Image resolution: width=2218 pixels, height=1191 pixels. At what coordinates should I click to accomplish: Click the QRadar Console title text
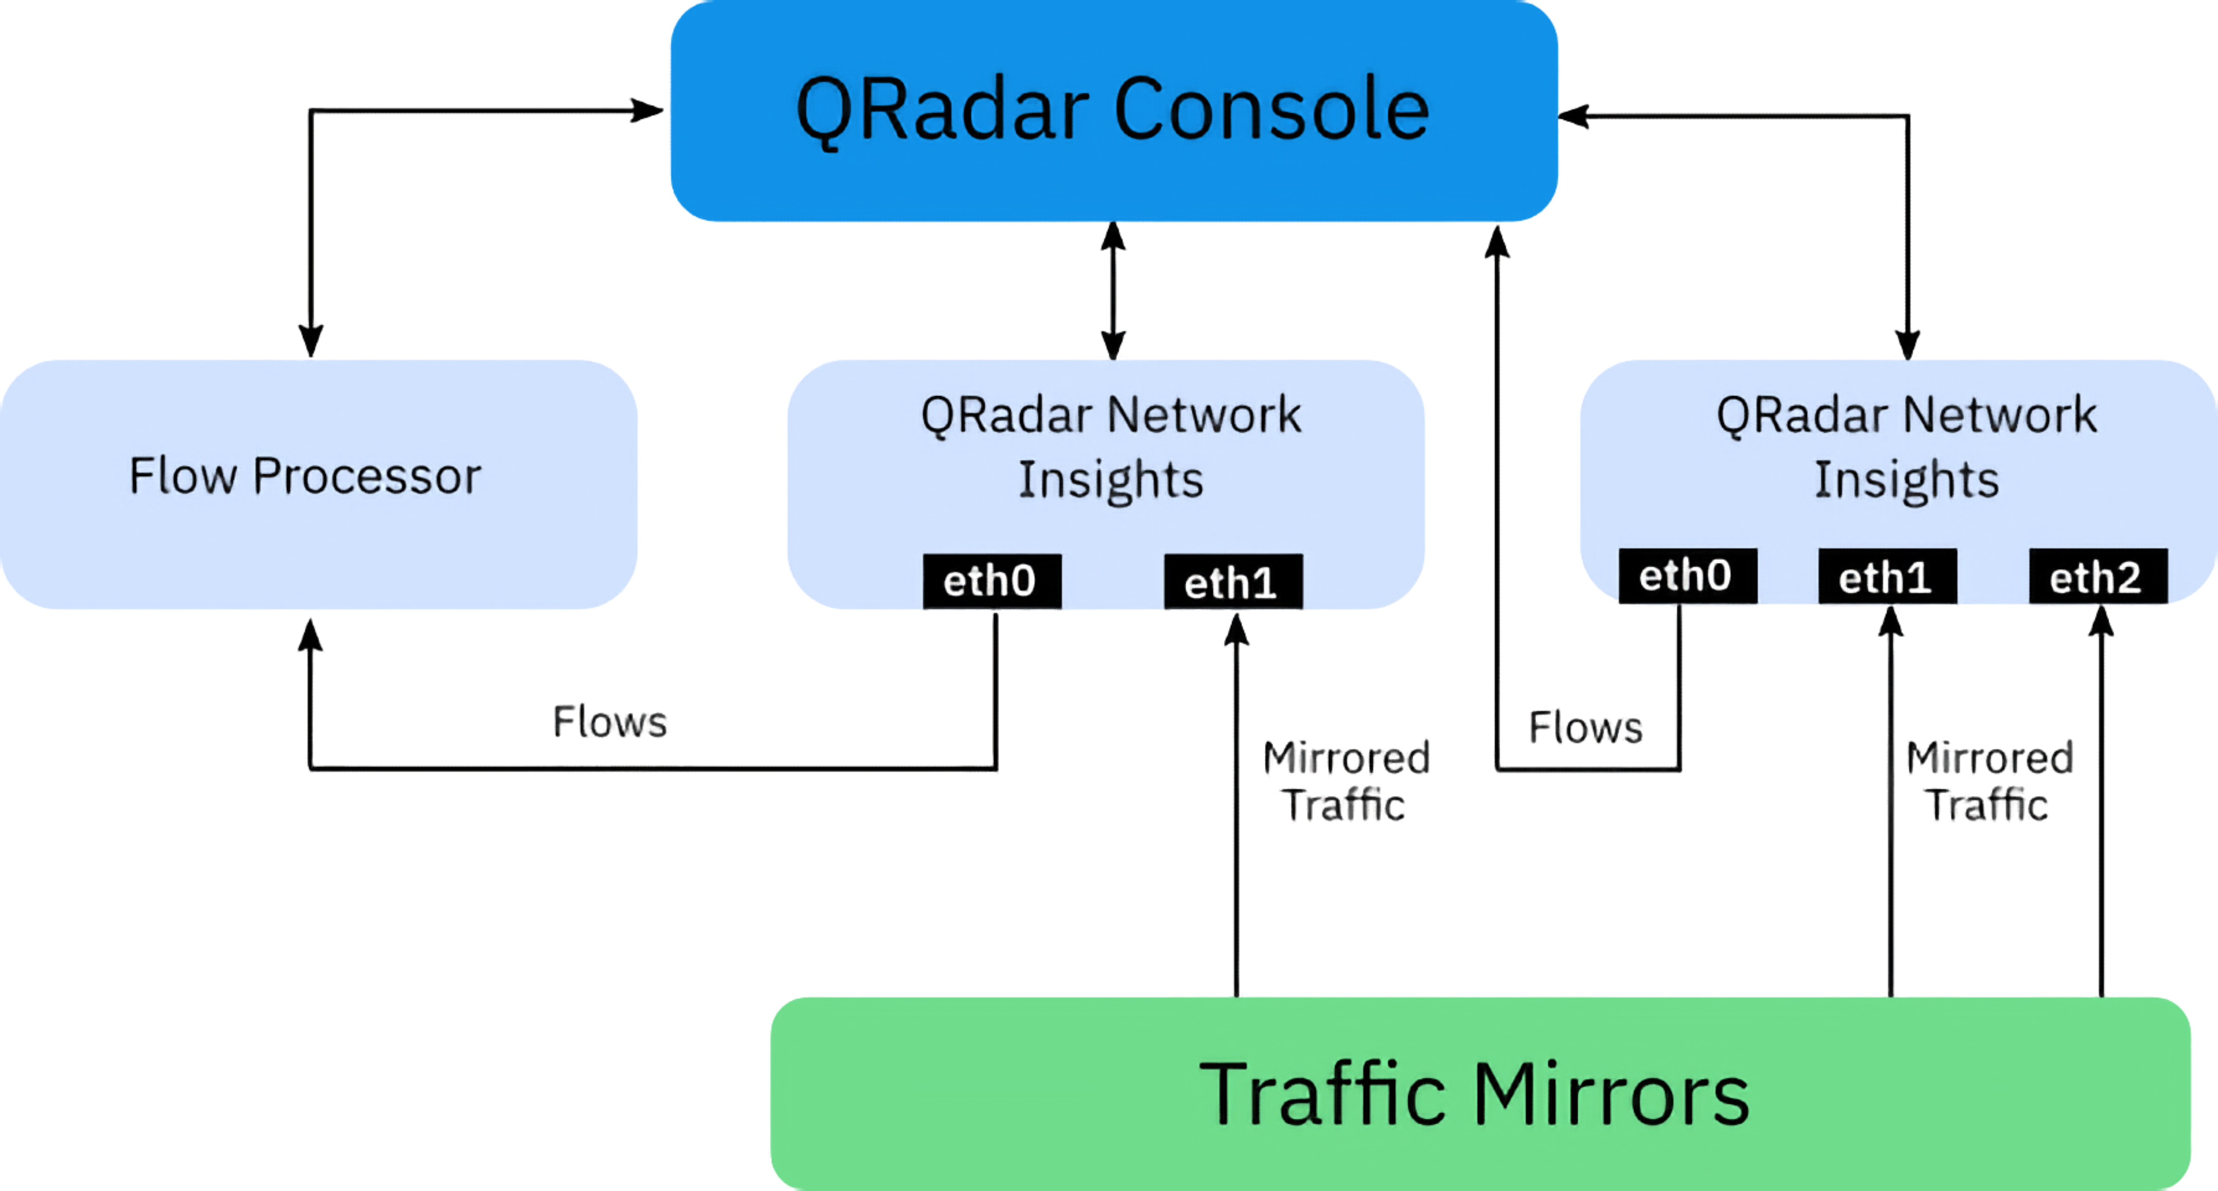coord(1112,110)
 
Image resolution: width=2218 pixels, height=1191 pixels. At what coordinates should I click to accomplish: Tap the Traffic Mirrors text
coord(1474,1094)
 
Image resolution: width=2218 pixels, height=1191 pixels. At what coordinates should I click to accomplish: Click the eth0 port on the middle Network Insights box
coord(992,581)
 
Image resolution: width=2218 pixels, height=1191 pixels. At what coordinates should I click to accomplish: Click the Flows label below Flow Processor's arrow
coord(609,722)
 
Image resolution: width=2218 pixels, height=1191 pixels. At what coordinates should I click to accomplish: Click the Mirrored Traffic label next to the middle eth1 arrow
coord(1346,781)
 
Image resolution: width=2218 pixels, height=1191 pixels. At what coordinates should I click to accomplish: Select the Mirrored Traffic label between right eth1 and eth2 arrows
coord(1989,781)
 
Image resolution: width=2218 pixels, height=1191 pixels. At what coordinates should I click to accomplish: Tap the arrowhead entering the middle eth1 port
coord(1236,629)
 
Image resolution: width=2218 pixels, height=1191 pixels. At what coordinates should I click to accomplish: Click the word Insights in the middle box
coord(1111,480)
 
